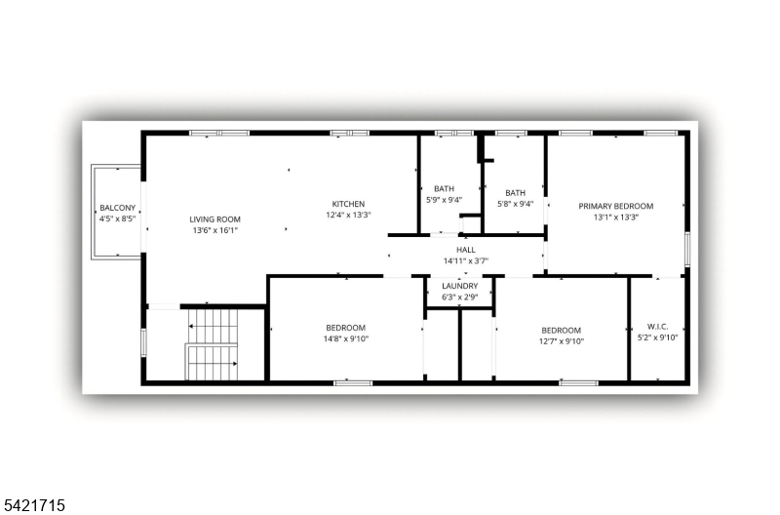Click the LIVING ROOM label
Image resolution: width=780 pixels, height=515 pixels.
(x=214, y=218)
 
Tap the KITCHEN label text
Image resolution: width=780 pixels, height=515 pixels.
(x=348, y=204)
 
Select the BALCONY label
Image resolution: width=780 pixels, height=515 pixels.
(x=117, y=208)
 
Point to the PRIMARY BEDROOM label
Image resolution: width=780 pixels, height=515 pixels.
(x=616, y=206)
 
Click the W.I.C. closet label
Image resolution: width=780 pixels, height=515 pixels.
(x=657, y=327)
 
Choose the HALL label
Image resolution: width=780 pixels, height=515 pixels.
(x=466, y=250)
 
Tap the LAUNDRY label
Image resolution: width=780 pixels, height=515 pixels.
(x=459, y=286)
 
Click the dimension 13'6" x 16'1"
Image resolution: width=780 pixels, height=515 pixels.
(x=215, y=230)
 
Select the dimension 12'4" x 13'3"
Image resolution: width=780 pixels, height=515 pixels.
(x=348, y=215)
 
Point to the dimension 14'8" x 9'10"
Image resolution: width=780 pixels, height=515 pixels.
(x=346, y=338)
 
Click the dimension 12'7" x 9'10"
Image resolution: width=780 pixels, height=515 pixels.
(x=562, y=341)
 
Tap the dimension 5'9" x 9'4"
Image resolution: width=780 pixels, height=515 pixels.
(x=445, y=200)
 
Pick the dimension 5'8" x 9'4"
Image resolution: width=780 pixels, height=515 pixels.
(x=516, y=204)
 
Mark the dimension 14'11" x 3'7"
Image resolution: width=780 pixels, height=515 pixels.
(x=466, y=260)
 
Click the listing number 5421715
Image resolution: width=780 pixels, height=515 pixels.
(x=33, y=505)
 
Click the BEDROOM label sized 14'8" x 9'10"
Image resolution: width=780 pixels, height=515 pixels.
(x=346, y=328)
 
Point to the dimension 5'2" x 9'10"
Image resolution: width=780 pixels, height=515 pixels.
(x=657, y=337)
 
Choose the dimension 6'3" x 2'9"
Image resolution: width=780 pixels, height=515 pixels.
(x=459, y=297)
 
